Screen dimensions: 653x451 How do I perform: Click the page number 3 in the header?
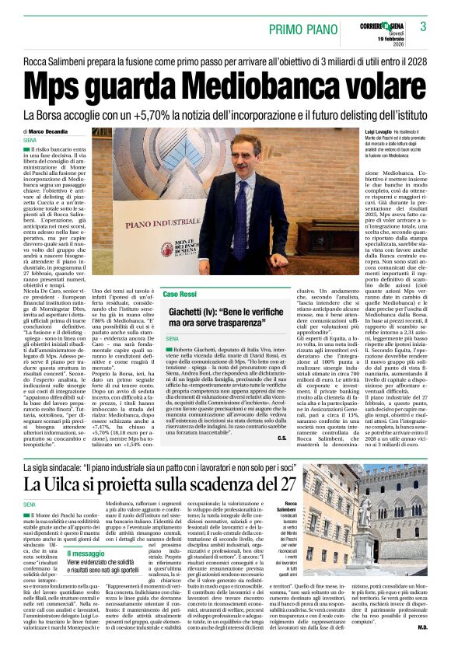pyautogui.click(x=423, y=26)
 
